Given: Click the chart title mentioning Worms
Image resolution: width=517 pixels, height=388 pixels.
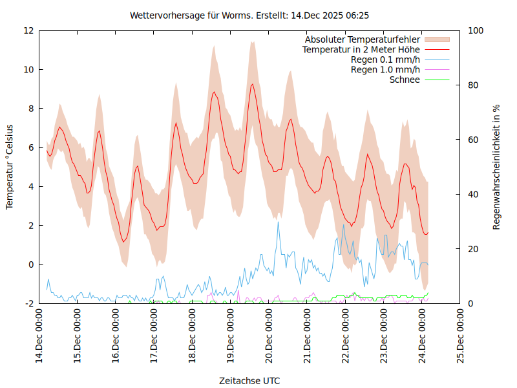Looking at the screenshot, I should (x=249, y=15).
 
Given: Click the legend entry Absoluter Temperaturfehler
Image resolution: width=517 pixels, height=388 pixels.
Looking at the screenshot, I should (x=363, y=39).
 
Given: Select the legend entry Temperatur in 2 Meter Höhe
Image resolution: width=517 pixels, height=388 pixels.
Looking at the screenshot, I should (x=361, y=49).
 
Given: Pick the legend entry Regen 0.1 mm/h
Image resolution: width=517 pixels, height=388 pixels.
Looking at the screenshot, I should (x=385, y=59).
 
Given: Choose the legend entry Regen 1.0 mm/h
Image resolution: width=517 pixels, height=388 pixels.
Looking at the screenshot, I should (x=385, y=70).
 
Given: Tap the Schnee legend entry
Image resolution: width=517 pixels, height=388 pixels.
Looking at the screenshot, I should (x=405, y=80).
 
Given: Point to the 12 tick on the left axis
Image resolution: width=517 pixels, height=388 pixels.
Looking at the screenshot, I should (x=28, y=30).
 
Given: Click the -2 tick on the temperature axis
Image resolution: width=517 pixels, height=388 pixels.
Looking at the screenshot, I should (x=30, y=303).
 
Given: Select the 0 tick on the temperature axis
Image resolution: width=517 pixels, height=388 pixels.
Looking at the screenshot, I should (x=31, y=264).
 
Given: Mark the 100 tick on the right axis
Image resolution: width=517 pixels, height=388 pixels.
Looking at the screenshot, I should (x=476, y=30).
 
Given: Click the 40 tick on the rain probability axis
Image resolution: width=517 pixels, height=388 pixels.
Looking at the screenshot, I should (x=473, y=194).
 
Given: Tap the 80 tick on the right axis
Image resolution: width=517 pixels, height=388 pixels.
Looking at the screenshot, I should (x=473, y=85).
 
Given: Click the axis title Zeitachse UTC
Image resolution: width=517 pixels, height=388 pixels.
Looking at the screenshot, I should (x=249, y=380).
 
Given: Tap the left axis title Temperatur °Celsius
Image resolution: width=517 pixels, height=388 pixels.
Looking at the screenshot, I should (x=10, y=166).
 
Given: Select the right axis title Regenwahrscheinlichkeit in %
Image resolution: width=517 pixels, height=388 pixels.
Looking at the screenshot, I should (x=497, y=166).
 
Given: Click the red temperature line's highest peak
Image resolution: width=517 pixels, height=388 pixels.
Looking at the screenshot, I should (x=253, y=84).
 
